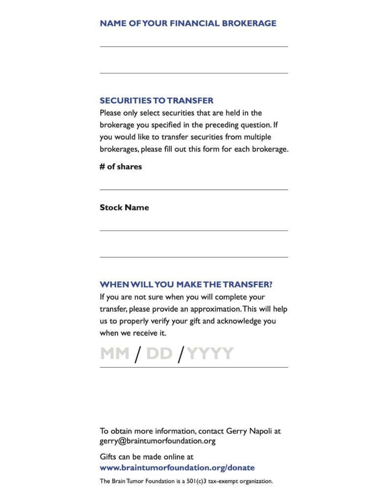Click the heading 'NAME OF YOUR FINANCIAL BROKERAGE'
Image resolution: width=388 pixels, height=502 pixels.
tap(188, 23)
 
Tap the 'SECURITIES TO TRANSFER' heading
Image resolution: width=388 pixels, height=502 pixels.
tap(156, 100)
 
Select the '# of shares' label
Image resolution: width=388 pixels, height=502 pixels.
tap(121, 167)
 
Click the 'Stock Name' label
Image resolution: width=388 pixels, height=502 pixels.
tap(124, 207)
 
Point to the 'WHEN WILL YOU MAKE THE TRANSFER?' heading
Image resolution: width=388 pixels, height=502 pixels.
tap(186, 285)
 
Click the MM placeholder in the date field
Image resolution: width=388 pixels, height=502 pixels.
tap(115, 353)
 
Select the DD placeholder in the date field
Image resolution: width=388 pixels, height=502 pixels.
tap(159, 353)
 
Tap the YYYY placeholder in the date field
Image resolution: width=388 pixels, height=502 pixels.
tap(210, 353)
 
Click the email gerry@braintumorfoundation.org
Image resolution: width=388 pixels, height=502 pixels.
tap(157, 441)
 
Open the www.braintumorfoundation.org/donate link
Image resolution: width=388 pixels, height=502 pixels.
tap(177, 468)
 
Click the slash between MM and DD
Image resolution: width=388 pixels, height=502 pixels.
tap(138, 354)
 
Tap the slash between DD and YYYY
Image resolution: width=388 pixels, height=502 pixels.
tap(181, 354)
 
